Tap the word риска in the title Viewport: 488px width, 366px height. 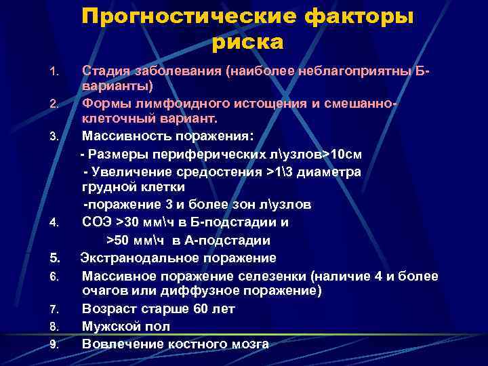(247, 42)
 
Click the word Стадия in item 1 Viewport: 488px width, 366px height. (104, 69)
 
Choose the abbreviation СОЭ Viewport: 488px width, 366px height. (98, 222)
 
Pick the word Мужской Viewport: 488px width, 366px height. (112, 326)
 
